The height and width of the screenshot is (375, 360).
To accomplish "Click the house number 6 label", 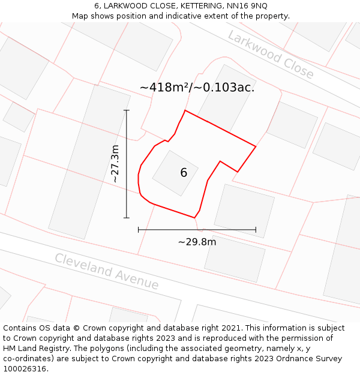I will (x=184, y=173).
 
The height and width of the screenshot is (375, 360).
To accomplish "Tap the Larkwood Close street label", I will (x=271, y=55).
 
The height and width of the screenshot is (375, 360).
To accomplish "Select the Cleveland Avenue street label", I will (x=107, y=271).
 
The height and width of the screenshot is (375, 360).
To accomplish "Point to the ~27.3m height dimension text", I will (x=115, y=164).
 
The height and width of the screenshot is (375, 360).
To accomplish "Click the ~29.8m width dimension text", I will (x=197, y=242).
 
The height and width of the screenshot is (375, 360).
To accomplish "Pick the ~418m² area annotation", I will (x=164, y=88).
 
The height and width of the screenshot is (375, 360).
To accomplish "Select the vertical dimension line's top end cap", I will (x=127, y=110).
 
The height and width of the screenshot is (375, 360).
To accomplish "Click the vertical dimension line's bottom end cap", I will (x=127, y=218).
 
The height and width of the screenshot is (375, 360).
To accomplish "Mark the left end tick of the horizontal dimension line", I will (x=139, y=229).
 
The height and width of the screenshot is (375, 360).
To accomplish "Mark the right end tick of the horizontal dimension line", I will (x=256, y=229).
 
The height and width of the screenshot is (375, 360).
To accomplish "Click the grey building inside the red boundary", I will (x=175, y=173).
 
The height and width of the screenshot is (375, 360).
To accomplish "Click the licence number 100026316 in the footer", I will (x=25, y=369).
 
